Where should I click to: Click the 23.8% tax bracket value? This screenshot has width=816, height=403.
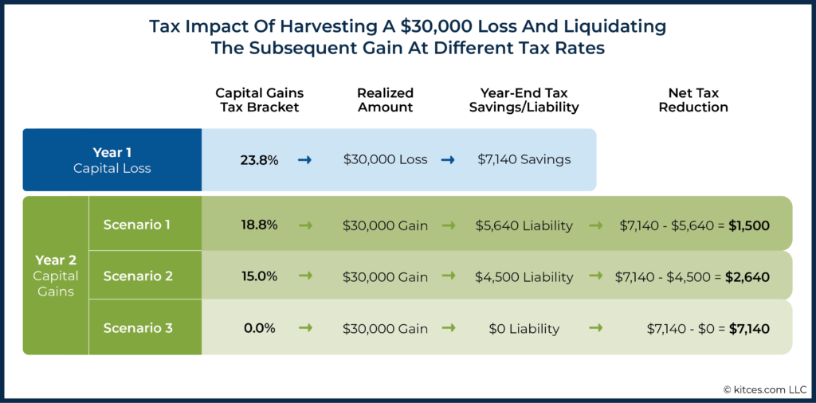pos(259,159)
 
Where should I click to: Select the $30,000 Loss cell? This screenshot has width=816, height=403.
pos(385,159)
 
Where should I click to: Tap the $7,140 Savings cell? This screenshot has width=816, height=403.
pos(524,159)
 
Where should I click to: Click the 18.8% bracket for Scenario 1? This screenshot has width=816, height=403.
pos(259,225)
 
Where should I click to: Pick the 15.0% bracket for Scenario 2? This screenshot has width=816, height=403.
pos(259,276)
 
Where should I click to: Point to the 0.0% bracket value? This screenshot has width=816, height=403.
pos(259,328)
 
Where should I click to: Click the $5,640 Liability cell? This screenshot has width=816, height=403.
pos(524,225)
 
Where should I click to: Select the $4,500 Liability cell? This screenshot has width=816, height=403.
pos(524,277)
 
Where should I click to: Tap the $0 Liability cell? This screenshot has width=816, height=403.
pos(524,328)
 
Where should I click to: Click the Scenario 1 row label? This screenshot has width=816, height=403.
pos(137,225)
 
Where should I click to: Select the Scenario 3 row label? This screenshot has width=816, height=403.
pos(137,327)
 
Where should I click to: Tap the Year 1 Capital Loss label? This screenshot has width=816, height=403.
pos(112,159)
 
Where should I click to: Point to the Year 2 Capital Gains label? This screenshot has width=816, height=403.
pos(56,276)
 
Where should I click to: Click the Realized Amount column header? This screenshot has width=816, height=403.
pos(385,100)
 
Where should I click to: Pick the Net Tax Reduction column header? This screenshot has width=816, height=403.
pos(692,100)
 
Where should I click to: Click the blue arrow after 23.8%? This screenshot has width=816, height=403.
pos(304,159)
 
